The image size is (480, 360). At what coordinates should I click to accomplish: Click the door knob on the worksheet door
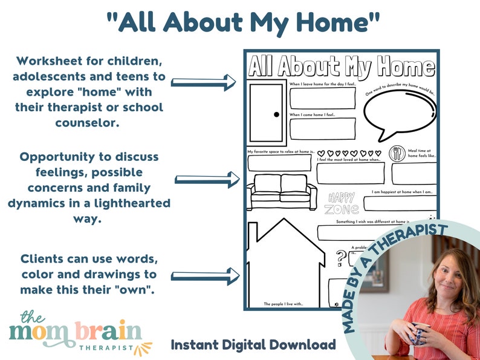click(x=276, y=114)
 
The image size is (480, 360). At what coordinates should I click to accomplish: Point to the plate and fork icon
click(x=398, y=153)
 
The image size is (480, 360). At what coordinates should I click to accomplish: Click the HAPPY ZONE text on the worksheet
click(x=342, y=203)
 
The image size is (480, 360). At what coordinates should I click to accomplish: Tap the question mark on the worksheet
click(x=342, y=256)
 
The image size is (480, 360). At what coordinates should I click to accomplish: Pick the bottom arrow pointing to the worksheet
click(x=203, y=275)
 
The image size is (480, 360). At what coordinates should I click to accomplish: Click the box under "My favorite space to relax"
click(x=279, y=162)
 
